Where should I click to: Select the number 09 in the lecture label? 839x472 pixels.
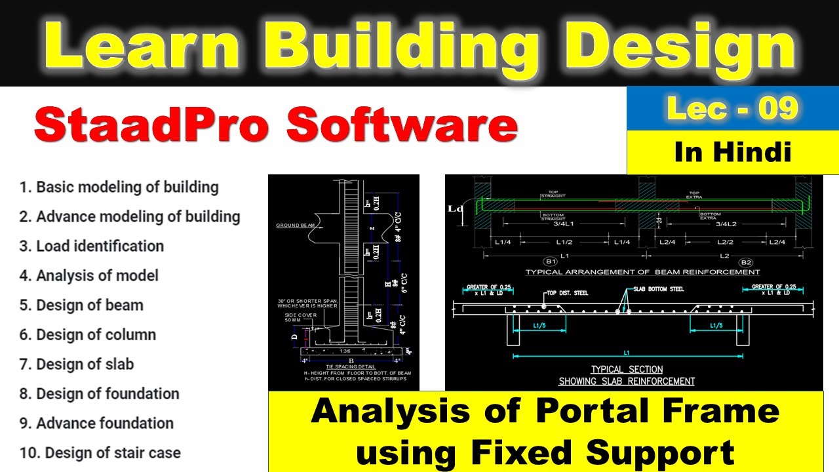(x=778, y=108)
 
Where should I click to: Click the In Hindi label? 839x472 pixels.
(x=732, y=152)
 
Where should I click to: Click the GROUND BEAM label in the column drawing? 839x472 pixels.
(x=296, y=226)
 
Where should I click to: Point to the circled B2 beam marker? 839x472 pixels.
(x=746, y=261)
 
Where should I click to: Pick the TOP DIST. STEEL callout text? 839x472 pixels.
(x=574, y=292)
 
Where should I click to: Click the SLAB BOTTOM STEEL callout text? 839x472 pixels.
(x=659, y=289)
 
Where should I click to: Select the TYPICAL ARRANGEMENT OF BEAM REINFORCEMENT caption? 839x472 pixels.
(x=642, y=272)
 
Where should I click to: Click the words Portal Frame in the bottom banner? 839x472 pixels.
(x=657, y=412)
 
